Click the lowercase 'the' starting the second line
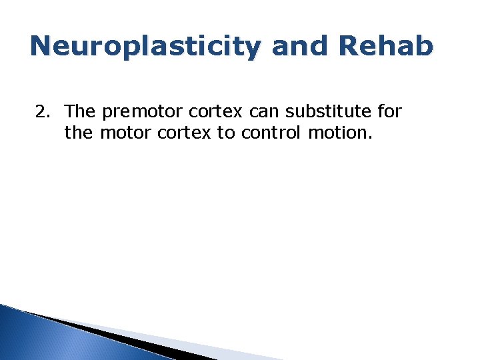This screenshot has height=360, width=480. [x=79, y=133]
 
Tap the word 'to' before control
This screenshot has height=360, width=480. [x=225, y=133]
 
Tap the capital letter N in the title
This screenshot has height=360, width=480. [x=42, y=46]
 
